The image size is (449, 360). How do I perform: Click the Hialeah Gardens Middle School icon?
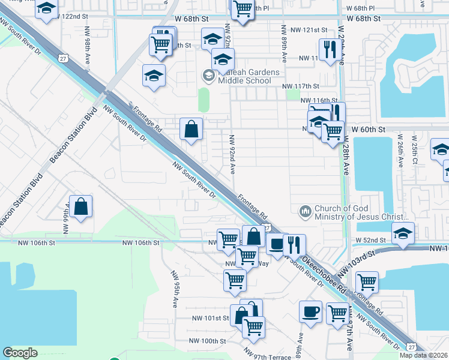point(208,75)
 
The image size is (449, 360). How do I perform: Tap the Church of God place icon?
point(305,211)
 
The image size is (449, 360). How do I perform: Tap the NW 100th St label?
point(207,341)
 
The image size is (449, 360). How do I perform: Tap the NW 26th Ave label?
point(400,155)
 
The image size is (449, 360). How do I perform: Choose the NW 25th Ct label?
point(415,154)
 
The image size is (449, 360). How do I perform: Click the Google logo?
point(20,352)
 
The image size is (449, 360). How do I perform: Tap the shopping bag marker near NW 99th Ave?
point(81,206)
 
